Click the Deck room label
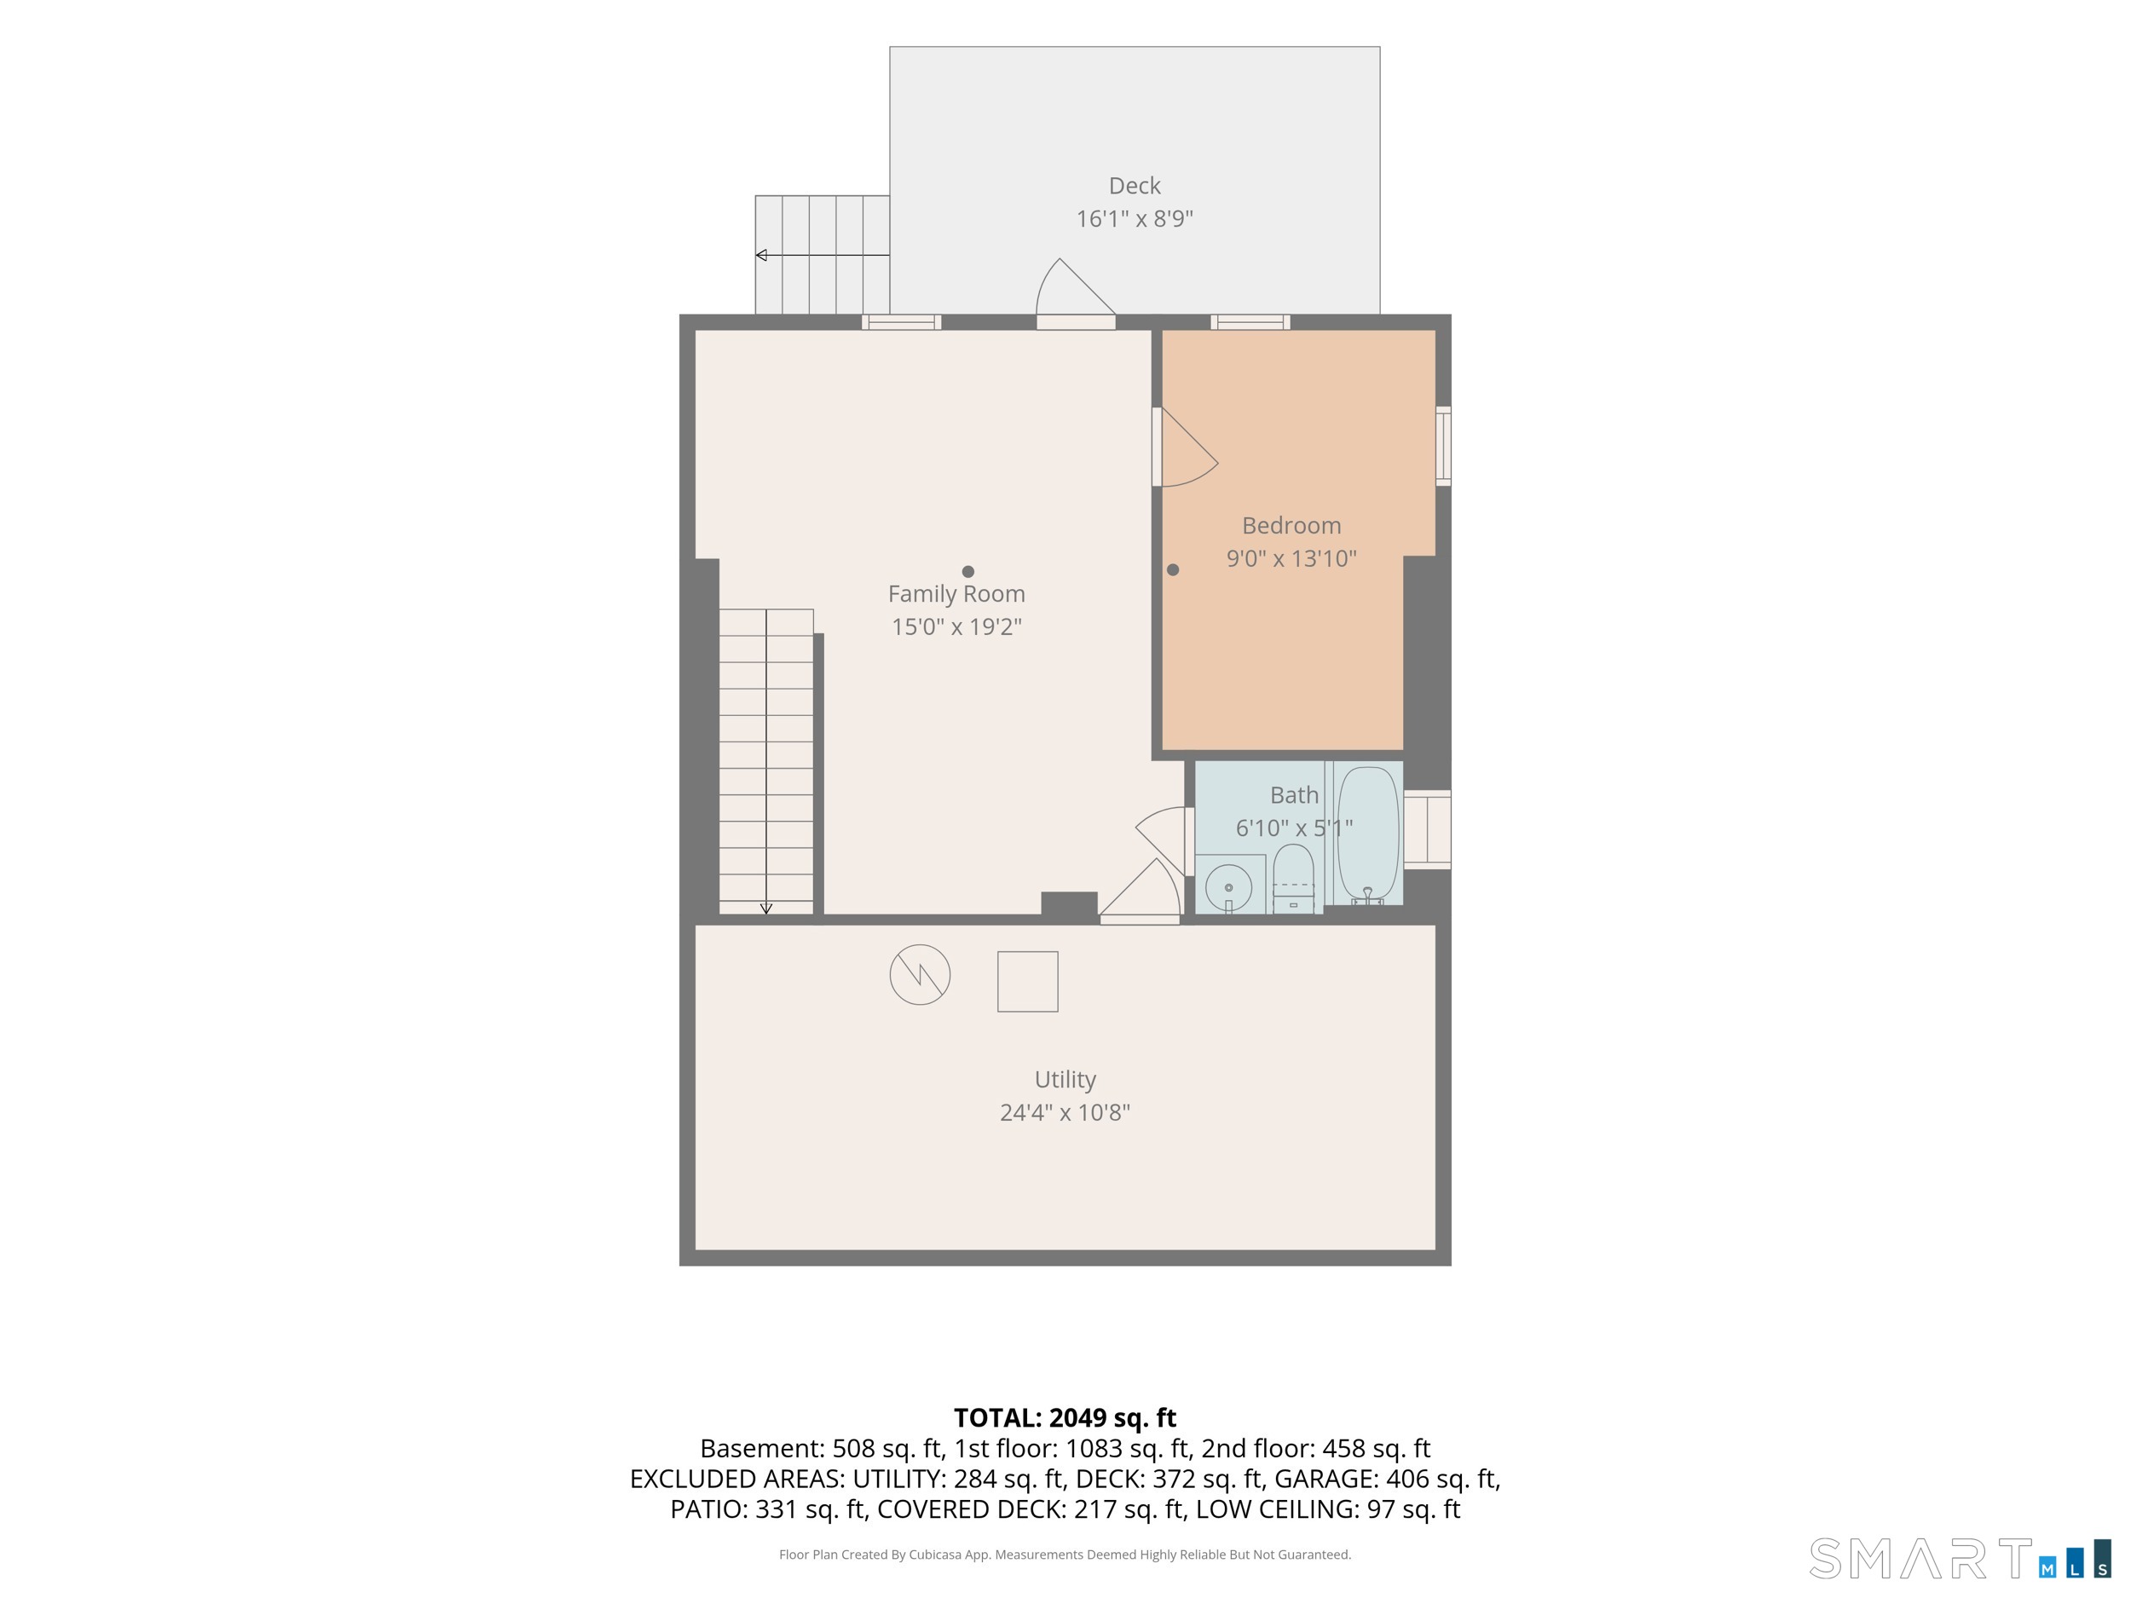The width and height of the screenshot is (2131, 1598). coord(1134,185)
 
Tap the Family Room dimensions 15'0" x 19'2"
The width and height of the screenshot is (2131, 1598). coord(956,626)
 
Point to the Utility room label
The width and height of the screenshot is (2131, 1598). coord(1065,1080)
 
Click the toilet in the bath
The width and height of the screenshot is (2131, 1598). coord(1293,878)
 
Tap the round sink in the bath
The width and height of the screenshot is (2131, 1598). coord(1228,887)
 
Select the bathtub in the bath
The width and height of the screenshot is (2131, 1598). coord(1367,834)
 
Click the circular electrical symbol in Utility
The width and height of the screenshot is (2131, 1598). coord(920,975)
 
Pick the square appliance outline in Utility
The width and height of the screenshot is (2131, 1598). coord(1027,982)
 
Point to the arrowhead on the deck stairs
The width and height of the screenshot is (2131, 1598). coord(761,256)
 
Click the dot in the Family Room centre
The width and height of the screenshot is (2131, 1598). coord(968,571)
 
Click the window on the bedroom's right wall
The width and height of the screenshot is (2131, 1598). coord(1443,446)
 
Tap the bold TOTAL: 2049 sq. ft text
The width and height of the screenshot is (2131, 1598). coord(1065,1418)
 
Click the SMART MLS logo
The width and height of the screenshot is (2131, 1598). coord(1960,1559)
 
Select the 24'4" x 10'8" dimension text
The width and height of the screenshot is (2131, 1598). coord(1065,1112)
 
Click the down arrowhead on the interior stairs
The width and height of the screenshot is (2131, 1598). coord(766,909)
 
